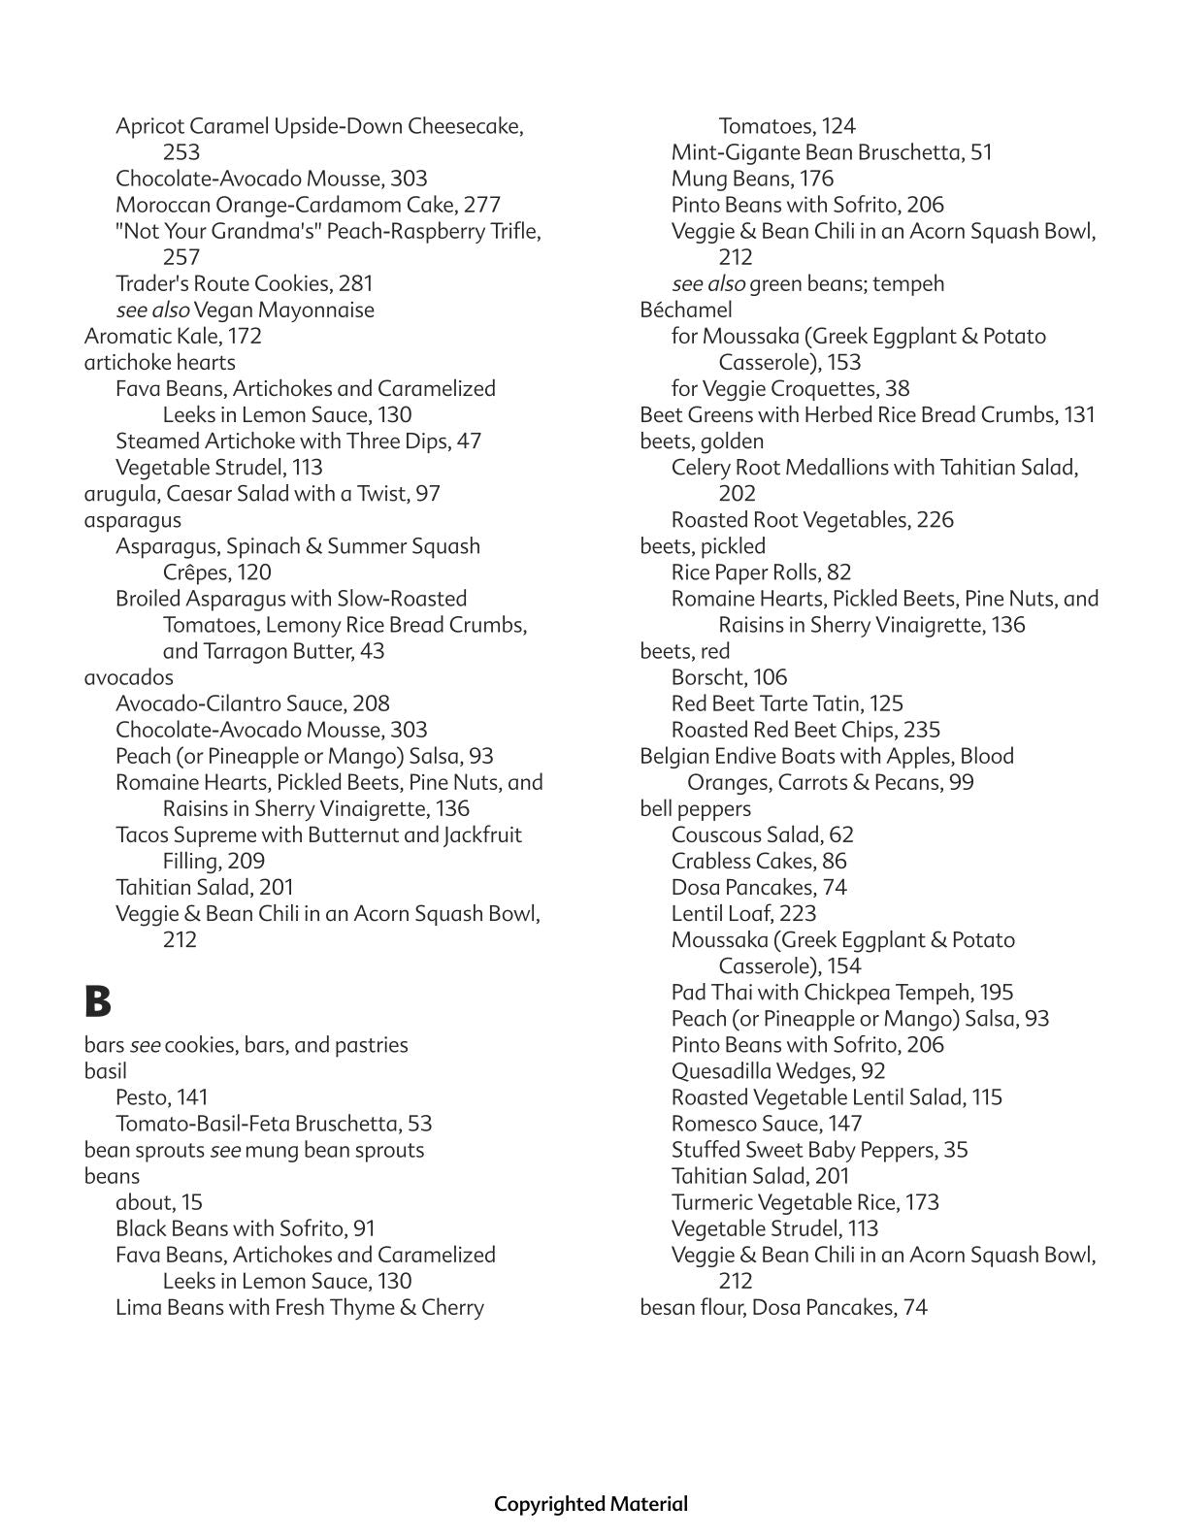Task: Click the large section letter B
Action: pyautogui.click(x=98, y=1001)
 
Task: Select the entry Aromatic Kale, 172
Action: pyautogui.click(x=173, y=336)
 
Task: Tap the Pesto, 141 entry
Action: pyautogui.click(x=161, y=1096)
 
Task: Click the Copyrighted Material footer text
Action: pyautogui.click(x=590, y=1503)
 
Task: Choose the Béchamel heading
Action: pyautogui.click(x=685, y=310)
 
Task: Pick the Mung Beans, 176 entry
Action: pyautogui.click(x=752, y=178)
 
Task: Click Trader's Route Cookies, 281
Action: pyautogui.click(x=244, y=283)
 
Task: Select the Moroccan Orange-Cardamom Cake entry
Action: pyautogui.click(x=308, y=204)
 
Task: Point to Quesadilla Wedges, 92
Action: pyautogui.click(x=778, y=1070)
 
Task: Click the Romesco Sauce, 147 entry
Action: pyautogui.click(x=766, y=1123)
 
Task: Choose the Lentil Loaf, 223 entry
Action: pyautogui.click(x=743, y=913)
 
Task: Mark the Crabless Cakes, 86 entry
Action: pyautogui.click(x=759, y=861)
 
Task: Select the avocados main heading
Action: pyautogui.click(x=129, y=676)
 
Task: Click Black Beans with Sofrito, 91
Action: pyautogui.click(x=245, y=1227)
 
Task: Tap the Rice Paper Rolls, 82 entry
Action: pyautogui.click(x=761, y=572)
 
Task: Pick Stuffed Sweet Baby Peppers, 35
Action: pyautogui.click(x=819, y=1149)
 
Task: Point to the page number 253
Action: pyautogui.click(x=181, y=151)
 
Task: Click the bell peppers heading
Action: pyautogui.click(x=695, y=808)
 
